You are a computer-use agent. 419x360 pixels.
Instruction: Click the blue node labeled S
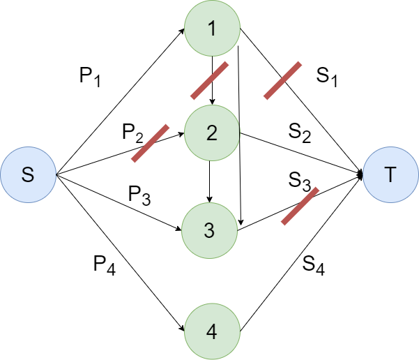click(28, 174)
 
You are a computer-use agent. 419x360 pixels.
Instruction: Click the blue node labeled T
click(390, 174)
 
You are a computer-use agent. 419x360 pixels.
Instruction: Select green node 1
click(212, 29)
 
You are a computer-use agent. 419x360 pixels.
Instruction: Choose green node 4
click(211, 331)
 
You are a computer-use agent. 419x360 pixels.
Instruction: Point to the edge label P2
click(132, 132)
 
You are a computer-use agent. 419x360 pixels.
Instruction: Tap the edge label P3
click(139, 195)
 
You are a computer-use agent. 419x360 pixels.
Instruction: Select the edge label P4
click(105, 264)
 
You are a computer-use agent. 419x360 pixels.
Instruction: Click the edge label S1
click(326, 77)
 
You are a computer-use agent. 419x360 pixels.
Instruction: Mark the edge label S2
click(300, 132)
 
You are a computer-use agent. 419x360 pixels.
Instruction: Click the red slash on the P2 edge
click(151, 144)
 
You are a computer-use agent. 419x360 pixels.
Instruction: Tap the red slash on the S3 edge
click(300, 206)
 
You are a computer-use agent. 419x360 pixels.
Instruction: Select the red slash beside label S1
click(282, 80)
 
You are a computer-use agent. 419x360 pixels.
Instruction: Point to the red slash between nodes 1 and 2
click(210, 80)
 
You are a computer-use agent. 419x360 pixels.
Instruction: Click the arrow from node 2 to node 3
click(211, 181)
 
